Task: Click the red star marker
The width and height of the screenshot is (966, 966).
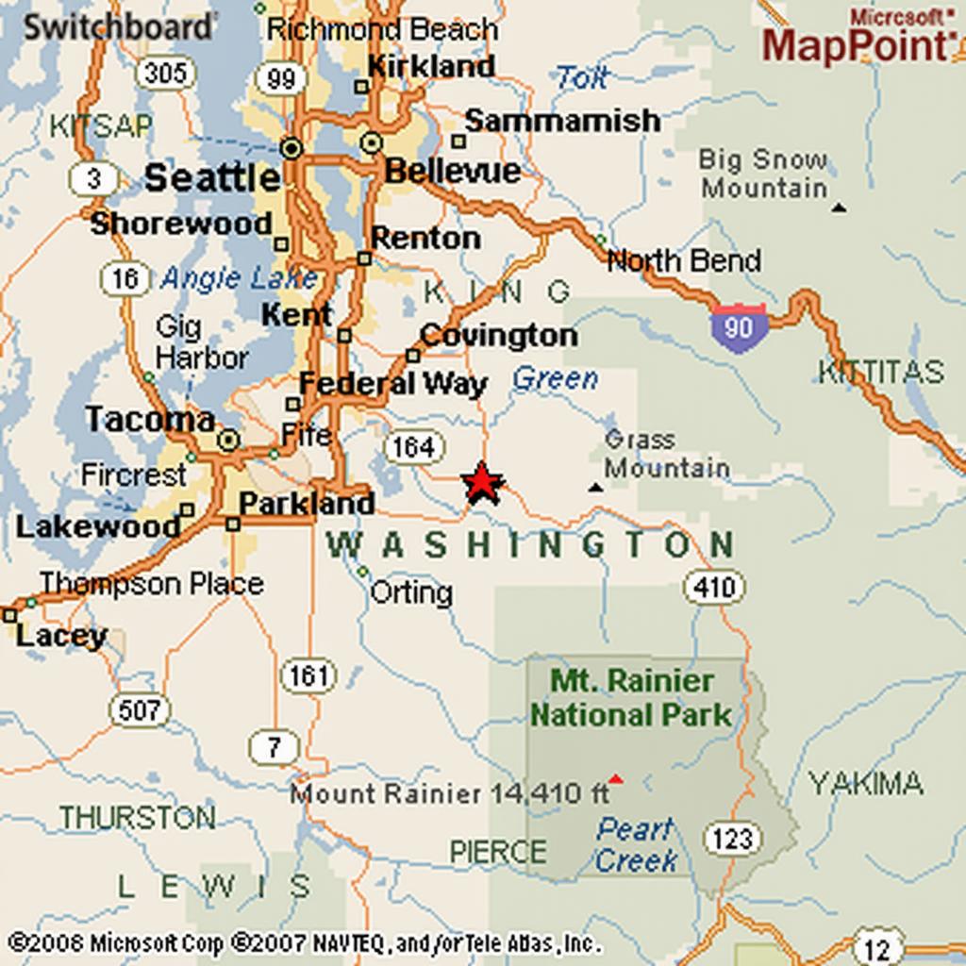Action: point(483,483)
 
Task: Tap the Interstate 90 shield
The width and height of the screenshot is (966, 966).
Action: point(738,327)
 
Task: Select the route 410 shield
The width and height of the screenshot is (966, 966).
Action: point(713,588)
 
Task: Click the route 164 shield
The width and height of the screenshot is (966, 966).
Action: point(412,446)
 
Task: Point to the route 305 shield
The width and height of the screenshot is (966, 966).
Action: point(165,73)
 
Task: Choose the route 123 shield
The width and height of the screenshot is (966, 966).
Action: point(732,838)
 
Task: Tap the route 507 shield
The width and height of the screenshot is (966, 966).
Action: point(140,709)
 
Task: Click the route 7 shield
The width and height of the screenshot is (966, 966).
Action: point(274,748)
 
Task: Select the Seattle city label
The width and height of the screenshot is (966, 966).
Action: point(212,177)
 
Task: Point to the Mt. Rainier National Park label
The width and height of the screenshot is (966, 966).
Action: point(631,697)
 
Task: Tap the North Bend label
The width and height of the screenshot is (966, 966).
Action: point(684,260)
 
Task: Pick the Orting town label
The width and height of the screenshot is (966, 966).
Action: point(410,592)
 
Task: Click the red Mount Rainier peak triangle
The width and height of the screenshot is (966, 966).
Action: point(616,779)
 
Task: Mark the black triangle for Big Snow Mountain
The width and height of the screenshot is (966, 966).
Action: point(839,207)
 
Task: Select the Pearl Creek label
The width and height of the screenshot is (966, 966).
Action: point(636,844)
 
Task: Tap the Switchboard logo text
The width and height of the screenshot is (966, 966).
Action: point(118,26)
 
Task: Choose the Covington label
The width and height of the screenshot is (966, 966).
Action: point(498,335)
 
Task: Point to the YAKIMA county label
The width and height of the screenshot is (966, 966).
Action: point(866,783)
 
